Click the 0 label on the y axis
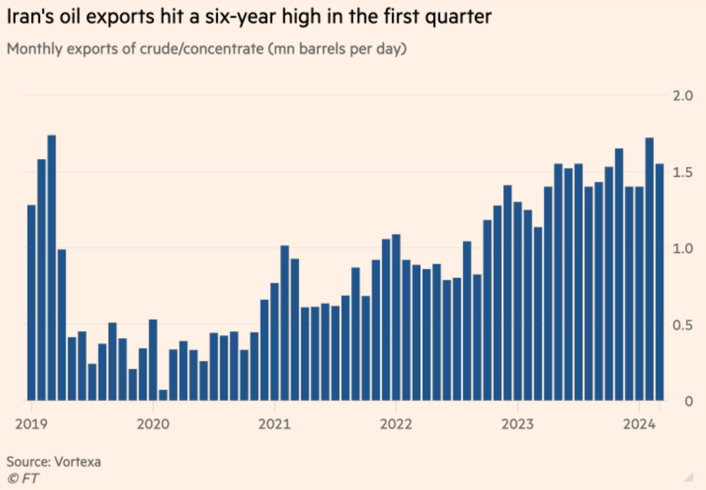coord(688,401)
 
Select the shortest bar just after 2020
coord(163,395)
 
